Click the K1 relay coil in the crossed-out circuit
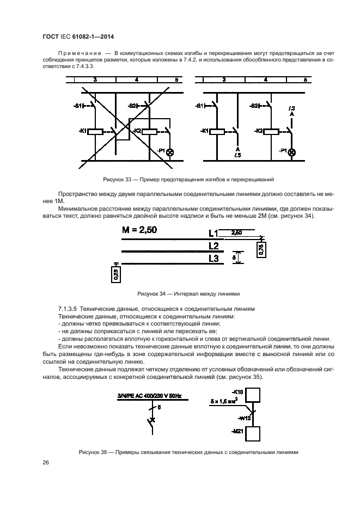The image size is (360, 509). tap(95, 131)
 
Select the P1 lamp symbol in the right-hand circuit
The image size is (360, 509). tap(291, 152)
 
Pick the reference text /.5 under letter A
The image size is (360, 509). tap(237, 155)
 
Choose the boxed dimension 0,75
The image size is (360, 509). tap(260, 250)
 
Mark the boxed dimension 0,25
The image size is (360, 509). tap(115, 274)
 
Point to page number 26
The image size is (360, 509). tap(46, 463)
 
